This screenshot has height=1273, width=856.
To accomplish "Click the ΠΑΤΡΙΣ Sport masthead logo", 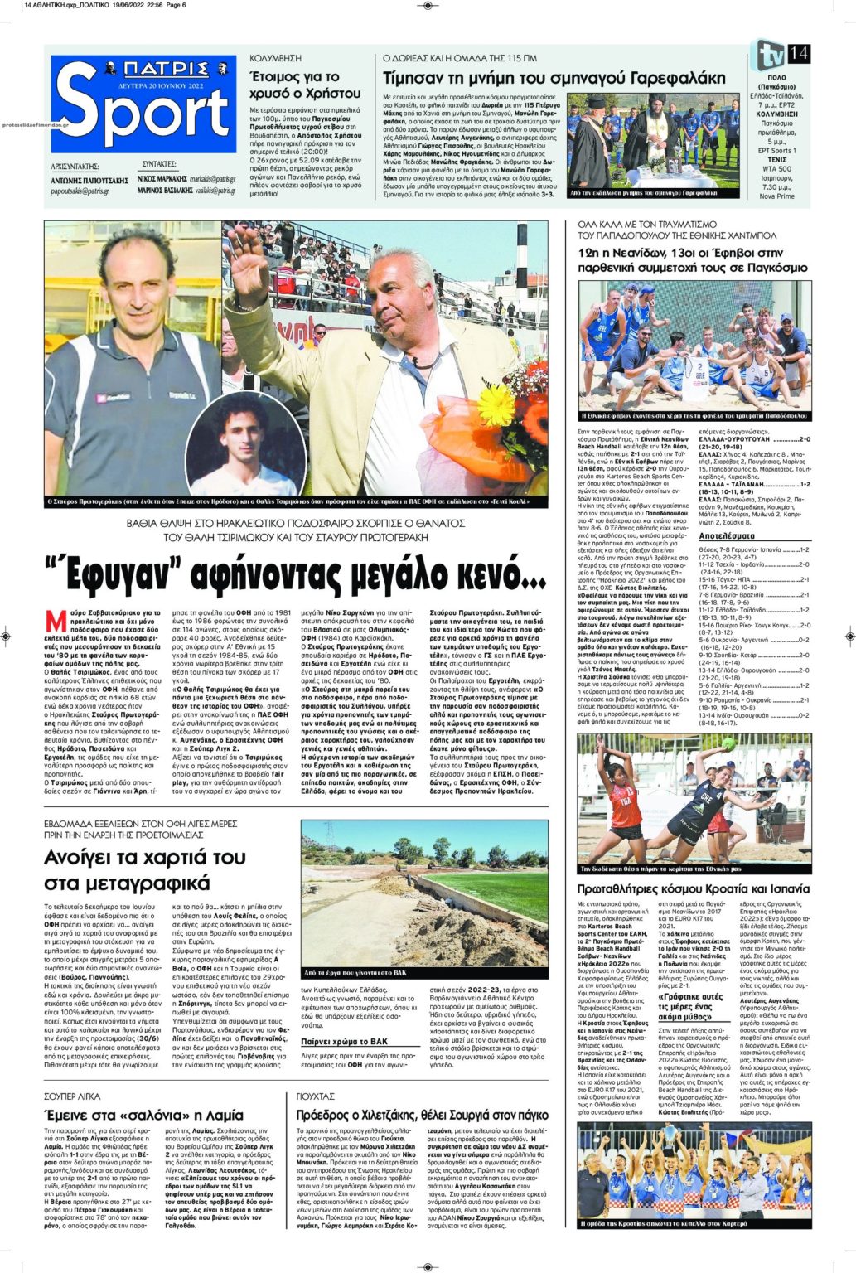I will [143, 103].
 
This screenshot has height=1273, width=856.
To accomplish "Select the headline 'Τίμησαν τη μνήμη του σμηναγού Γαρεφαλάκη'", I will [554, 79].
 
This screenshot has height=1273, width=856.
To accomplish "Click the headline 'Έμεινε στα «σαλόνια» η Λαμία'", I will [143, 1115].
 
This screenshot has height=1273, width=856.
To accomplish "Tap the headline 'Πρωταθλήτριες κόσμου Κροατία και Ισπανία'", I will [693, 889].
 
